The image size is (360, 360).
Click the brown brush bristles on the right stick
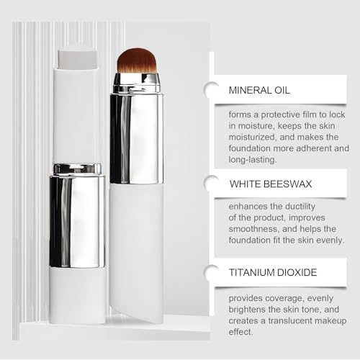coord(138,60)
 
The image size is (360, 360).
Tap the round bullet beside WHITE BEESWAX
coord(212,183)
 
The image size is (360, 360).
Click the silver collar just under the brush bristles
coord(137,82)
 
